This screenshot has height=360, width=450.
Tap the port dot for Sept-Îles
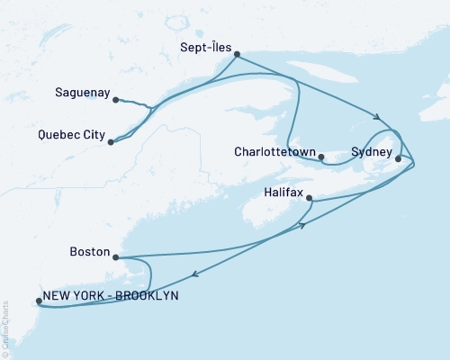coord(237,55)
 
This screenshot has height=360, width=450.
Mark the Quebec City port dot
coord(110,141)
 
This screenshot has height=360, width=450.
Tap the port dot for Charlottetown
coord(321,157)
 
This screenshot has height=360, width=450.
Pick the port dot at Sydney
coord(398,158)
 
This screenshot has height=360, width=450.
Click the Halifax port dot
coord(310,198)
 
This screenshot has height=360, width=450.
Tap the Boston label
coord(90,254)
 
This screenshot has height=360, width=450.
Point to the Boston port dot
coord(116,256)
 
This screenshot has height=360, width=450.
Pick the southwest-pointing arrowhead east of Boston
coord(193,277)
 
